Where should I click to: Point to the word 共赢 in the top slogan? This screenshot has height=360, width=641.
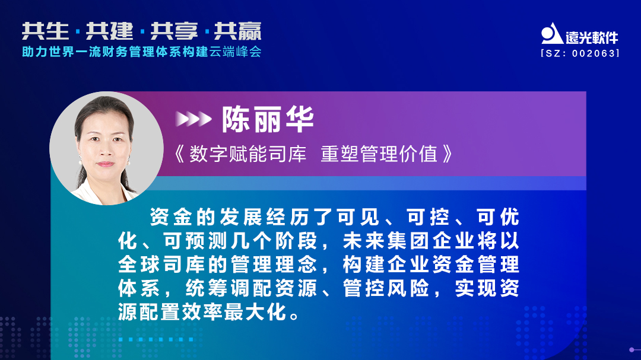point(237,31)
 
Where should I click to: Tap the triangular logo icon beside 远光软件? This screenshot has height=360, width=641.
point(552,34)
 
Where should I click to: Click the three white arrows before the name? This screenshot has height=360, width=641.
point(193,120)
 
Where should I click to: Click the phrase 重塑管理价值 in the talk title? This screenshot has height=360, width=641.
point(379,154)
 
